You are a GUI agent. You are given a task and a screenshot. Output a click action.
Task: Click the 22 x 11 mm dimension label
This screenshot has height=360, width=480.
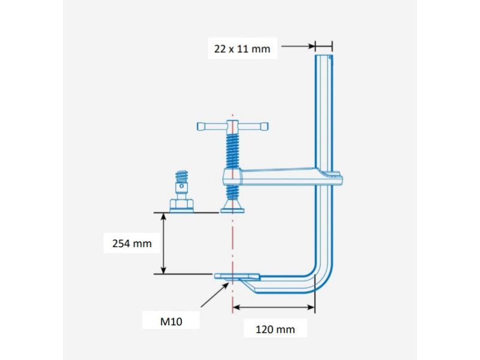242,49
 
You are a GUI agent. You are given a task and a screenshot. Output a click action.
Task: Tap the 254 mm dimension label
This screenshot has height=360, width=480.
132,244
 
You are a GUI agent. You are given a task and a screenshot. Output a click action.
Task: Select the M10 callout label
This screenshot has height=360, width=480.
171,322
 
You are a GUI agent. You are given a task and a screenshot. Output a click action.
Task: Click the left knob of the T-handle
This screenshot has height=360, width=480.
202,127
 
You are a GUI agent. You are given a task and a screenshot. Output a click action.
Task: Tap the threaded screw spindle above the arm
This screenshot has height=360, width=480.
232,150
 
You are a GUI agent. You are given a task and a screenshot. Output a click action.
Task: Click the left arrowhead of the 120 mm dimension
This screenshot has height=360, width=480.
236,307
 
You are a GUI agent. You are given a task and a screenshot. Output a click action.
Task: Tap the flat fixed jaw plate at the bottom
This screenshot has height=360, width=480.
237,277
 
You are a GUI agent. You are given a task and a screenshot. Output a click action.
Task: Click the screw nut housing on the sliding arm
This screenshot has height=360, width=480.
232,177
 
